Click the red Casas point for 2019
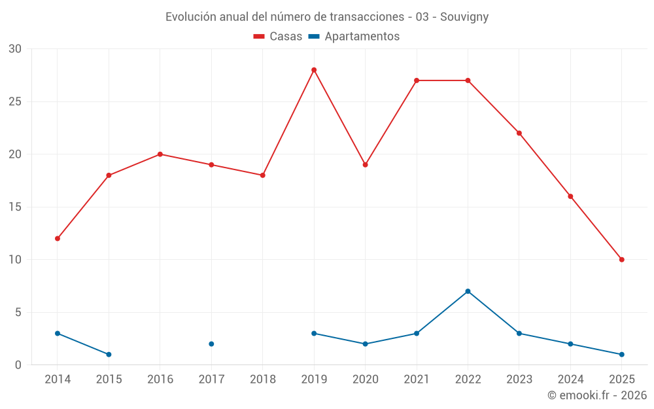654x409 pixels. pos(314,70)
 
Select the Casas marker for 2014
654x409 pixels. pos(58,238)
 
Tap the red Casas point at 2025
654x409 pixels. pos(622,260)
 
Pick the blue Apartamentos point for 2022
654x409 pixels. pos(468,291)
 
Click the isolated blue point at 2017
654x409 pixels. pos(211,344)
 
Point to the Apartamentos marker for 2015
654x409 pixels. pos(109,354)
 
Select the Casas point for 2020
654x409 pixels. pos(365,165)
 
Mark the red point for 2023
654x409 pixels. pos(519,133)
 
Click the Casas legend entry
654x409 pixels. pos(278,37)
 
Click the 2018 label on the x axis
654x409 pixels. pos(262,380)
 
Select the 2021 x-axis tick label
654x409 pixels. pos(417,380)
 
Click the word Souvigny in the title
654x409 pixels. pos(464,17)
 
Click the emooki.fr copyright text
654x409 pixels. pos(597,395)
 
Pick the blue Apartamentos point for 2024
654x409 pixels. pos(570,344)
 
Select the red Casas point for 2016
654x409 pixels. pos(160,154)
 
